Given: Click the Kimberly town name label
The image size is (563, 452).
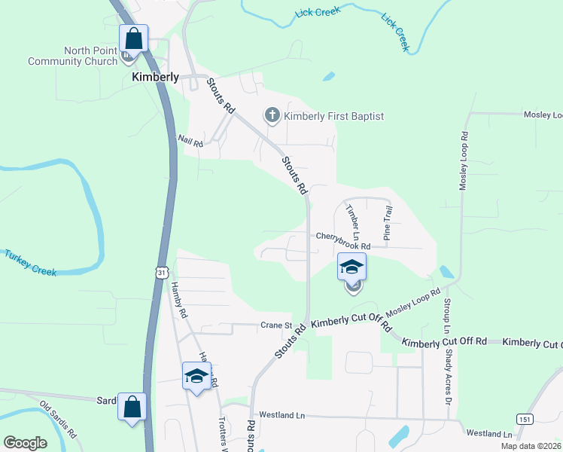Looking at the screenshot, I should coord(156,77).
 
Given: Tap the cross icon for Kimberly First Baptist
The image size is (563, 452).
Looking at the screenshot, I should coord(271,116).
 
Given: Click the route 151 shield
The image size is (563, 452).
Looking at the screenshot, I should coord(524,418).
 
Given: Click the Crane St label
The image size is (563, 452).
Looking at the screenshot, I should coord(275,325).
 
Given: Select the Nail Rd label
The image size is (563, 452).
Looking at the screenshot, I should coord(190,140).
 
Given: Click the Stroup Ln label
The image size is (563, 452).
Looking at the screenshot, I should coord(446,316).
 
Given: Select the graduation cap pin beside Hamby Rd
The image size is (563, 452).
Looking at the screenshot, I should coord(196,376).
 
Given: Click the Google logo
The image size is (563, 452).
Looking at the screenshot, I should coord(25,443).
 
